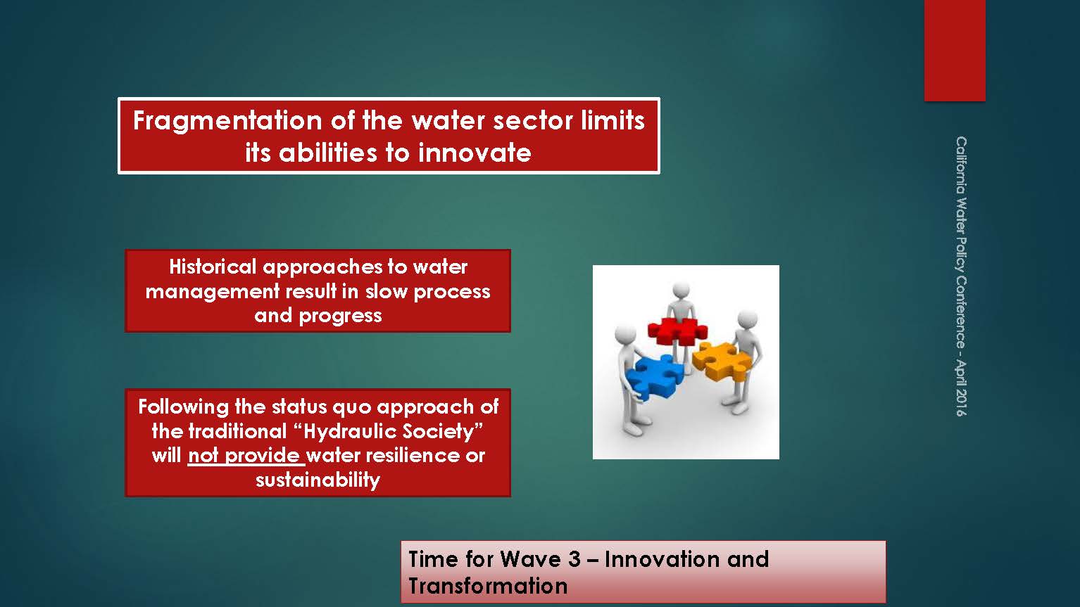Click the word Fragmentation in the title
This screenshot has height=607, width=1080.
click(227, 122)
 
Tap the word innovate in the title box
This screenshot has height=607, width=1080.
click(475, 153)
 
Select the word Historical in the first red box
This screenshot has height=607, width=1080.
click(213, 267)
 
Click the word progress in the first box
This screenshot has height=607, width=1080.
click(340, 317)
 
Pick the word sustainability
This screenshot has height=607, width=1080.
click(318, 480)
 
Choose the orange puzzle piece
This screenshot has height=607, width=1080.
click(721, 360)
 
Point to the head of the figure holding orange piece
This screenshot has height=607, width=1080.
click(748, 320)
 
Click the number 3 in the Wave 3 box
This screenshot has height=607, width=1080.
click(574, 560)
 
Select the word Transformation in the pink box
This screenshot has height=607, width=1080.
click(488, 587)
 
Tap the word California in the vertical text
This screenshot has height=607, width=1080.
click(961, 165)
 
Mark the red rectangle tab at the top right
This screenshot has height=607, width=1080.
click(955, 51)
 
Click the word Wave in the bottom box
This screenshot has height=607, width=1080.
click(530, 560)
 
